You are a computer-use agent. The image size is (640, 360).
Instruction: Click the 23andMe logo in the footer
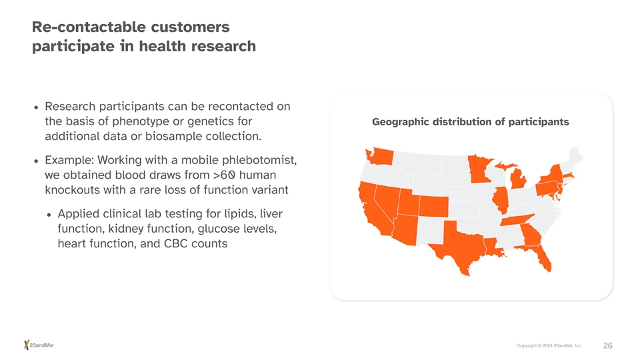pos(39,345)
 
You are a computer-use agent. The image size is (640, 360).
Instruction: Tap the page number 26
pos(608,346)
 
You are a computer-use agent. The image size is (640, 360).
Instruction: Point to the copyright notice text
pos(549,346)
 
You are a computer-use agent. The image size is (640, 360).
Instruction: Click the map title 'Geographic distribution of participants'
pos(470,122)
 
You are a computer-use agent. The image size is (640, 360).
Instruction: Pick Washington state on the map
pos(380,157)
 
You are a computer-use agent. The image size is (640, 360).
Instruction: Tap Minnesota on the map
pos(479,169)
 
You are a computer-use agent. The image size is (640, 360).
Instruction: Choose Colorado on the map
pos(433,207)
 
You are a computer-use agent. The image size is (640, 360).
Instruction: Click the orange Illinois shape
pos(501,200)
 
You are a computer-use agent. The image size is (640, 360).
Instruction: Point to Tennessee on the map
pos(517,220)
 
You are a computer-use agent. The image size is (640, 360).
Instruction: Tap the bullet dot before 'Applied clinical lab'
pos(49,215)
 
